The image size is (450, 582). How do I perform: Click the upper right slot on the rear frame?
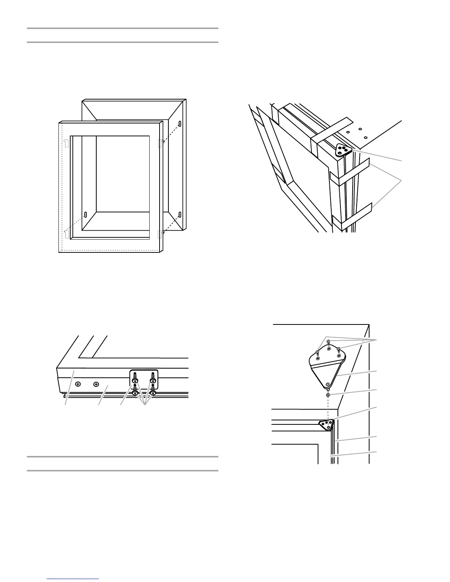[180, 124]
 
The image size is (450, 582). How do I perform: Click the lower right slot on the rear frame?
[180, 214]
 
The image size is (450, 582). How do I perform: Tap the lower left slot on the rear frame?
[86, 214]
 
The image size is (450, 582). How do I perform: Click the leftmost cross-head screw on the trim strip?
[78, 384]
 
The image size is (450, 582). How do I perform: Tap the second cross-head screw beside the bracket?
[96, 384]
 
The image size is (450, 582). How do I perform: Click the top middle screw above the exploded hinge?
[329, 342]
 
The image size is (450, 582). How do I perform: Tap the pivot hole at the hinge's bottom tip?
[328, 385]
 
